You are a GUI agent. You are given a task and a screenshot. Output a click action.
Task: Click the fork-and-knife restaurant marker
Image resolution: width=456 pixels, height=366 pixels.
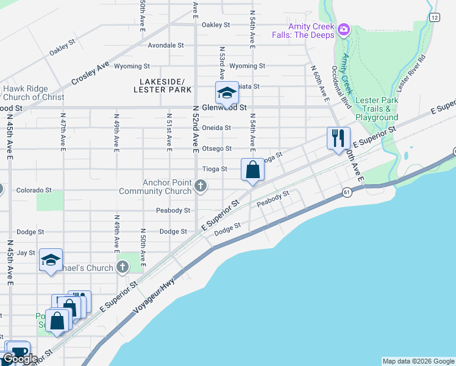pyautogui.click(x=338, y=138)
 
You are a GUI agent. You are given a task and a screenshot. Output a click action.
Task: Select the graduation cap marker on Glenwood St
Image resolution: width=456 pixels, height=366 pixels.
pyautogui.click(x=226, y=93)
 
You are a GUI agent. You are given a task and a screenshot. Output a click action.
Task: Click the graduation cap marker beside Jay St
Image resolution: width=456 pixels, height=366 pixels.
pyautogui.click(x=51, y=260)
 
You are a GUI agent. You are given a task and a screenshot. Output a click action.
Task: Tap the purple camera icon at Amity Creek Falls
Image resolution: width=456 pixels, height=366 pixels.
pyautogui.click(x=343, y=29)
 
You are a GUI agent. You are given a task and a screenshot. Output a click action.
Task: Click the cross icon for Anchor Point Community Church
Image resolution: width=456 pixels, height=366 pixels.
pyautogui.click(x=202, y=184)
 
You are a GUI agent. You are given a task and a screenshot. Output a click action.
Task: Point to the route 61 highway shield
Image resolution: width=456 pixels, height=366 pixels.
pyautogui.click(x=347, y=193)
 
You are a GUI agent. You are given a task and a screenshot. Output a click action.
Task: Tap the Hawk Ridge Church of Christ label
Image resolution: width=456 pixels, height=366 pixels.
pyautogui.click(x=33, y=93)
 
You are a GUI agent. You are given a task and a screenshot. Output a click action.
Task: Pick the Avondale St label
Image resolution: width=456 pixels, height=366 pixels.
pyautogui.click(x=165, y=45)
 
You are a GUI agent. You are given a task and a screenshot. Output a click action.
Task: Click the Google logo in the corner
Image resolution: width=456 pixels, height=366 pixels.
pyautogui.click(x=21, y=358)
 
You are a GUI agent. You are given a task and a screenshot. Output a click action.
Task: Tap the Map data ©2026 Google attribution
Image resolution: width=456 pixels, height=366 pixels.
pyautogui.click(x=418, y=361)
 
